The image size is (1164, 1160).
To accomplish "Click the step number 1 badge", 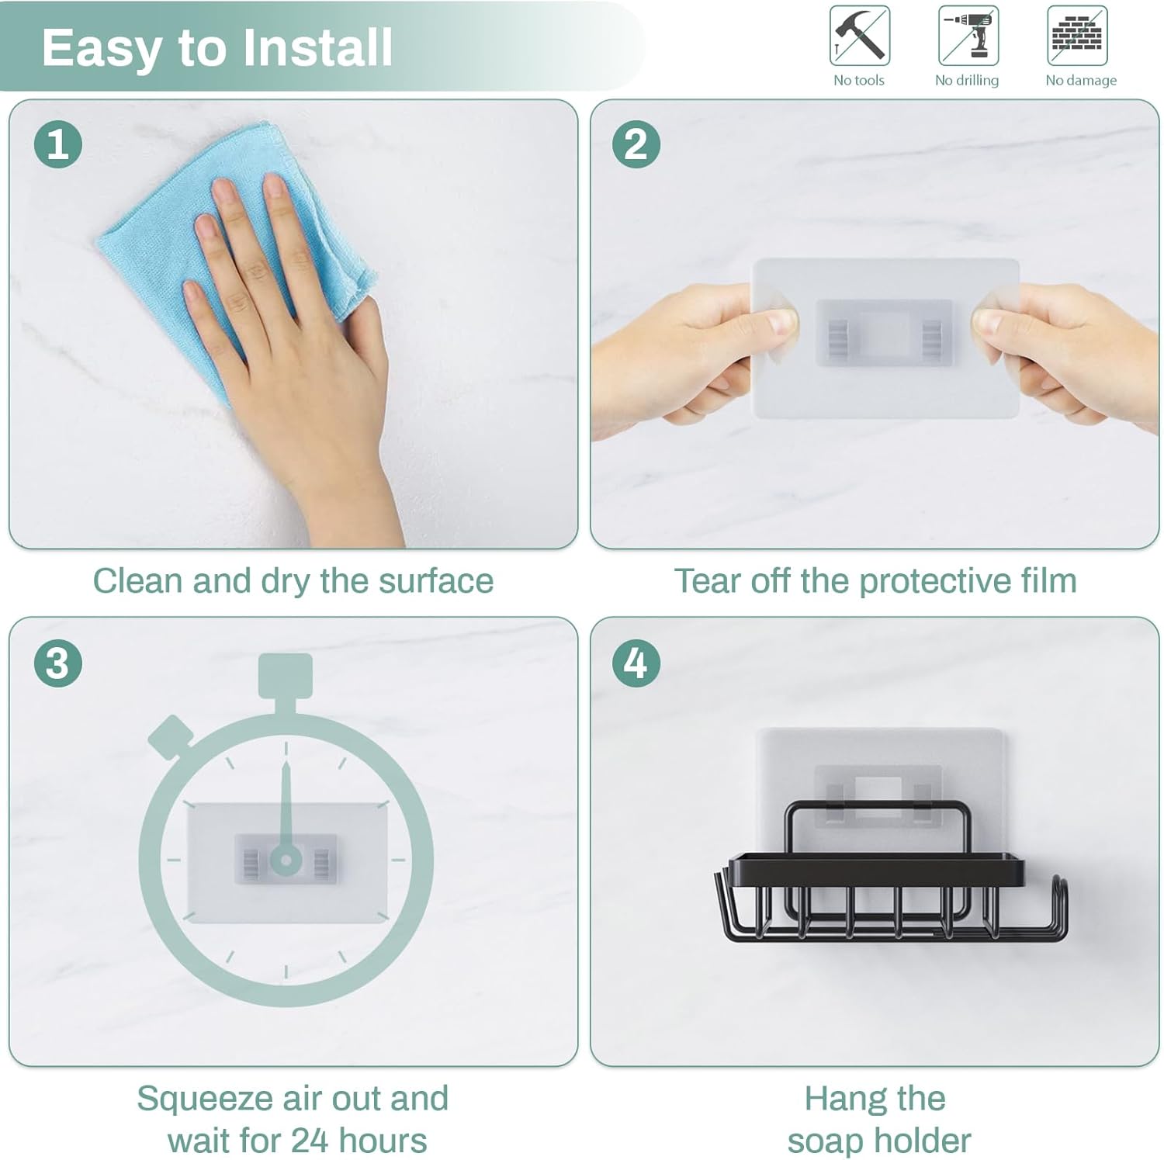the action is [58, 144].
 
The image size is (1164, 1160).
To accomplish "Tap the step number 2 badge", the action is [636, 144].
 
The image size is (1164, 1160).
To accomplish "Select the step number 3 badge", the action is [58, 663].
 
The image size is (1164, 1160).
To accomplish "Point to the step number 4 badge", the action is [636, 663].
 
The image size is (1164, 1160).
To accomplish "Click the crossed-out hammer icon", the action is [859, 36].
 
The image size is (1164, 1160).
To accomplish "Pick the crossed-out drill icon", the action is [968, 36].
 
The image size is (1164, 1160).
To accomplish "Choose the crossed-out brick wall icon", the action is [1077, 36].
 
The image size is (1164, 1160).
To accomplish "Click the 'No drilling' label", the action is [967, 80].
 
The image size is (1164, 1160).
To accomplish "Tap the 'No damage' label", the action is [1081, 80].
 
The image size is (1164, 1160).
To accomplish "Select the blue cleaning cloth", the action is [233, 256].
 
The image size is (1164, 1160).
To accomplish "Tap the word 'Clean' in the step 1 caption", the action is [137, 580].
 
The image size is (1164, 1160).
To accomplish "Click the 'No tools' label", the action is [859, 80].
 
